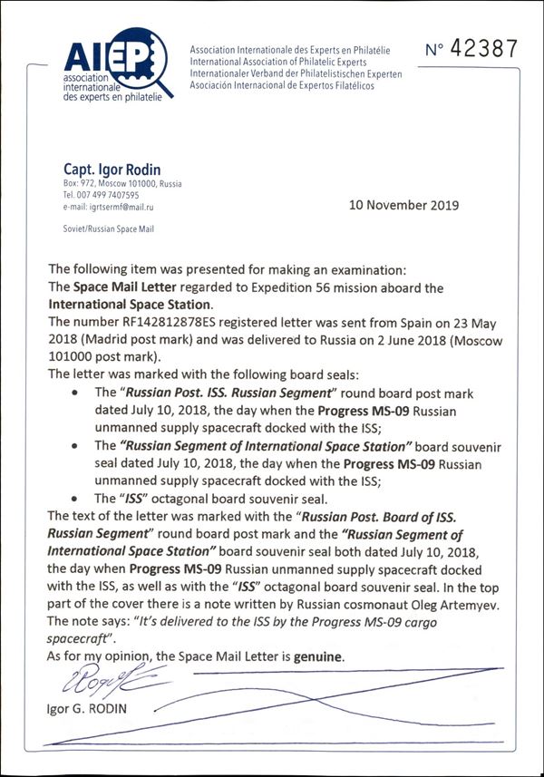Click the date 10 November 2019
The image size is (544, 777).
pyautogui.click(x=403, y=205)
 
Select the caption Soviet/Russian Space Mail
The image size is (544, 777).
pyautogui.click(x=108, y=229)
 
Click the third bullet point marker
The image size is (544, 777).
pyautogui.click(x=74, y=499)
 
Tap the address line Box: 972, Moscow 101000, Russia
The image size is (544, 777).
pyautogui.click(x=122, y=184)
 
